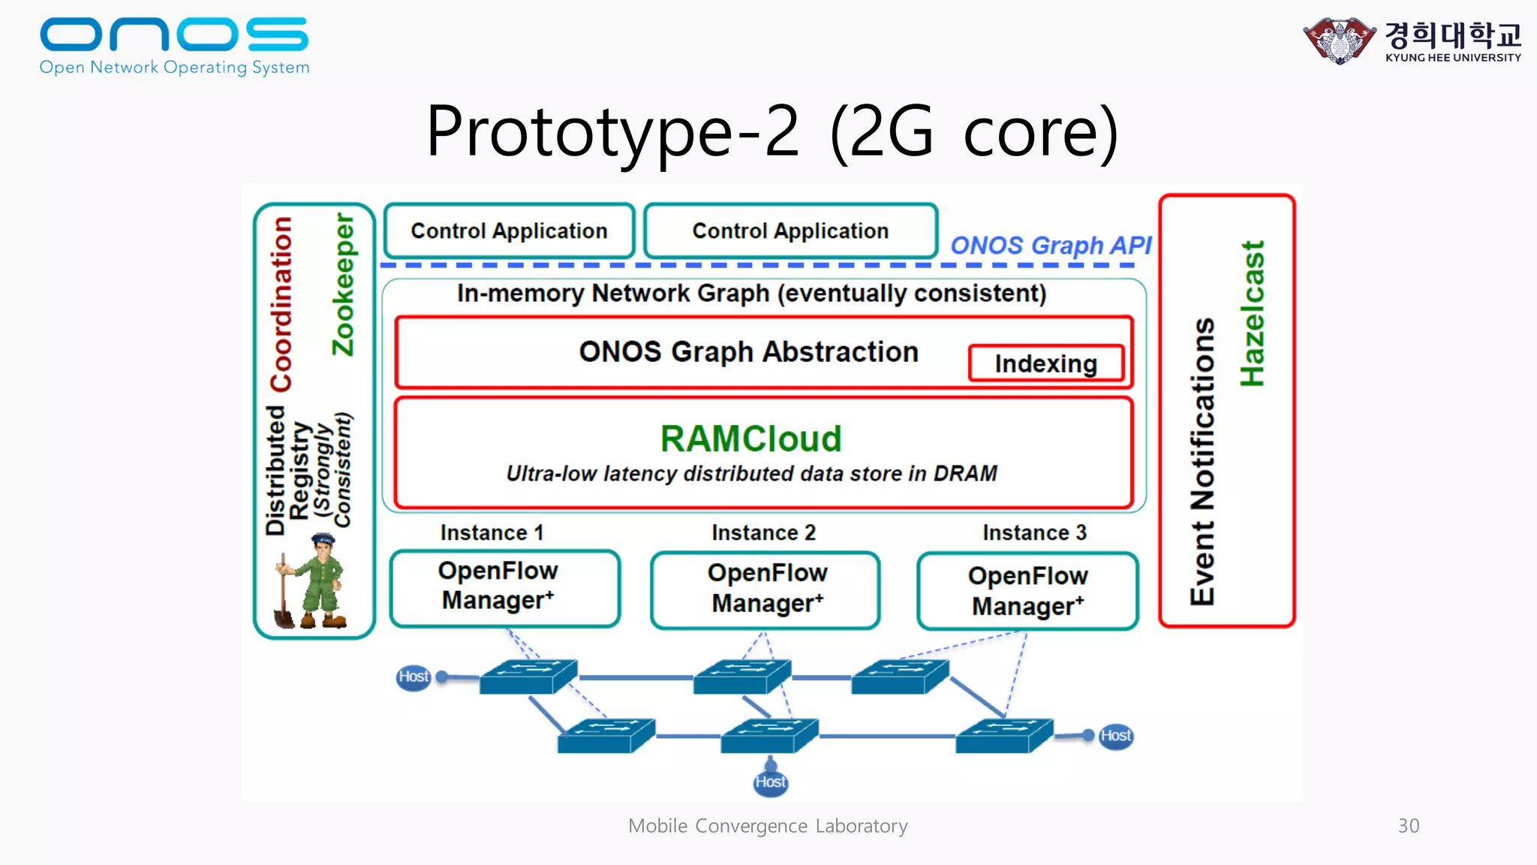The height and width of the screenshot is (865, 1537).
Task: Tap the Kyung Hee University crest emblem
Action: (1340, 41)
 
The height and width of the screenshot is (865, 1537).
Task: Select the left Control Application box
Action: (509, 231)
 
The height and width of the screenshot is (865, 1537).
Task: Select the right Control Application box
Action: (790, 231)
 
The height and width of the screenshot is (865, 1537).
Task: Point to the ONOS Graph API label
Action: (1051, 246)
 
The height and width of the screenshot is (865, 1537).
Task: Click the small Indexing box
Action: (1045, 363)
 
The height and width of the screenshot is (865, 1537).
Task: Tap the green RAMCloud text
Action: (750, 439)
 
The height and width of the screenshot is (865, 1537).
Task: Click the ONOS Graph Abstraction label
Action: (748, 351)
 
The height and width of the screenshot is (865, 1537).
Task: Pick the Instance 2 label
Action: (763, 532)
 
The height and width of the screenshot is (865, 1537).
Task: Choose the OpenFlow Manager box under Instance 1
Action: (504, 588)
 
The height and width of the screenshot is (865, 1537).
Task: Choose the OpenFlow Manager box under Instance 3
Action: (1027, 591)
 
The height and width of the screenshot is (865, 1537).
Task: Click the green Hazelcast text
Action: (1252, 314)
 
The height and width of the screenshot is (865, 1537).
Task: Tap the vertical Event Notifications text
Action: (1202, 461)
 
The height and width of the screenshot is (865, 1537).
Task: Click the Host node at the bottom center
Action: (770, 782)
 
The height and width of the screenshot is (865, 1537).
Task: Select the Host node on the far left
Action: (414, 677)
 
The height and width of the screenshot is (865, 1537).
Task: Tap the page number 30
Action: (1408, 826)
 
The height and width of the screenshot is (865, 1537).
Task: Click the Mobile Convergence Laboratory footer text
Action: (768, 826)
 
